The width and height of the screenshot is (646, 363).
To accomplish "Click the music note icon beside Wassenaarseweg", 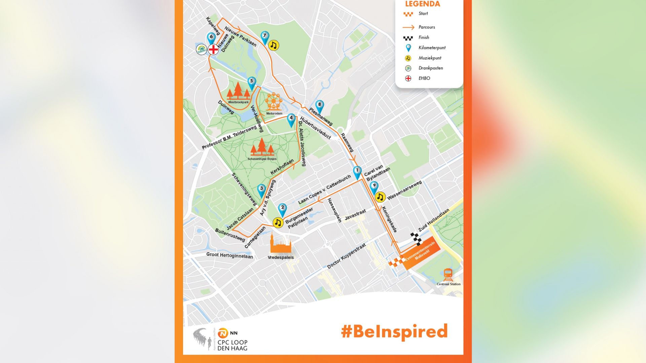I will (x=380, y=197).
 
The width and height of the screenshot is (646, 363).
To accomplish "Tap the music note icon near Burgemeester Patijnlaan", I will (x=278, y=223).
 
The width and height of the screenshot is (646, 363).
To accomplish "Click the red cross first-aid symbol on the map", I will (x=213, y=50).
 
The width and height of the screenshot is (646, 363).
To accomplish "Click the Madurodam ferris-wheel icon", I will (x=274, y=102).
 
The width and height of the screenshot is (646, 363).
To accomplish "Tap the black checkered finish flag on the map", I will (x=416, y=238).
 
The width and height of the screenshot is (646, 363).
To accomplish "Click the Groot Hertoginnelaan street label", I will (x=229, y=255).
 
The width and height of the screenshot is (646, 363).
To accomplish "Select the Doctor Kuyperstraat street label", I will (x=347, y=256).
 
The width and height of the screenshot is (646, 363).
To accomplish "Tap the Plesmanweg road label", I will (x=321, y=116).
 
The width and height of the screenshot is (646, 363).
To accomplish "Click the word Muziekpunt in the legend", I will (x=430, y=58).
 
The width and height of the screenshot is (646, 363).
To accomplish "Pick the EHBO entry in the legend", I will (x=424, y=78).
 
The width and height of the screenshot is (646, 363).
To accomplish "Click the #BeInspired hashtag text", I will (x=394, y=332).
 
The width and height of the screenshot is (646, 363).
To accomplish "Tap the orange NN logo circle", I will (x=223, y=333).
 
